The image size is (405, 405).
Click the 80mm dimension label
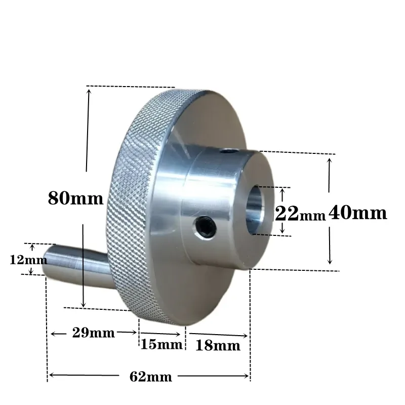point(75,198)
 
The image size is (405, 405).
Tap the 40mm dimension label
point(358,213)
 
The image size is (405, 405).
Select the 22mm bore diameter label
point(300,214)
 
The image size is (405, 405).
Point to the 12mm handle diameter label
point(28,259)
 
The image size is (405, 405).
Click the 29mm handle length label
point(93,333)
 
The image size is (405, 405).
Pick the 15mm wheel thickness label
point(161,344)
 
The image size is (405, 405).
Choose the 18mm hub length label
point(218,345)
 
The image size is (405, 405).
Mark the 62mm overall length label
point(150,377)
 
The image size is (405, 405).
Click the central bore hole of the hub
point(255,210)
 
